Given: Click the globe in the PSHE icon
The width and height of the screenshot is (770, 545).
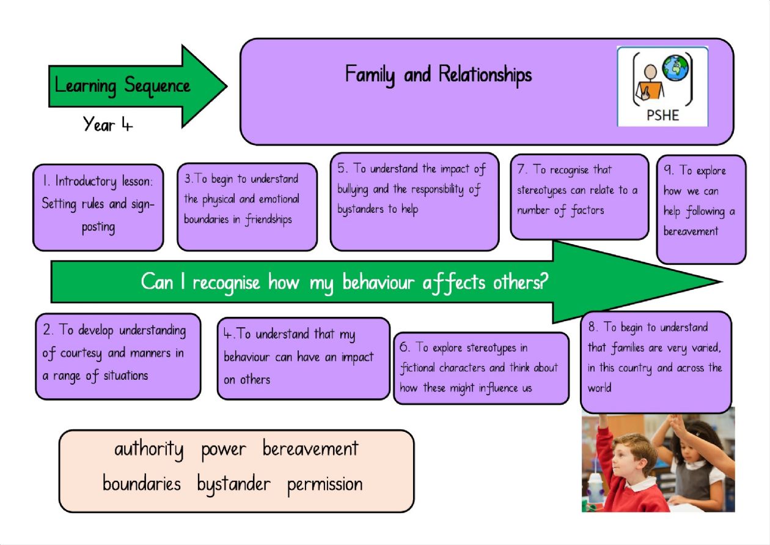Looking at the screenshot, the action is pyautogui.click(x=676, y=68).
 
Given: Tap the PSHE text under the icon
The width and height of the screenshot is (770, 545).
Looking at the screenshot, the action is pyautogui.click(x=662, y=115).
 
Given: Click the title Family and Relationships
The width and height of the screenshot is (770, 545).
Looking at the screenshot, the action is pyautogui.click(x=438, y=75).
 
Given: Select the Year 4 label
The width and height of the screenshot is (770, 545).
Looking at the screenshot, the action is pyautogui.click(x=108, y=124).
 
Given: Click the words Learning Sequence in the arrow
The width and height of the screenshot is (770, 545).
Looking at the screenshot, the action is pyautogui.click(x=122, y=86).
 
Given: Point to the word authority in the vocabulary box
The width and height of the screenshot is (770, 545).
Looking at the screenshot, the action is pyautogui.click(x=149, y=450).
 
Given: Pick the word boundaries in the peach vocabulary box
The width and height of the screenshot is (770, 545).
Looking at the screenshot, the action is pyautogui.click(x=142, y=483).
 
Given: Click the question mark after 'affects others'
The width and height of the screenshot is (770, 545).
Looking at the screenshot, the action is pyautogui.click(x=544, y=282).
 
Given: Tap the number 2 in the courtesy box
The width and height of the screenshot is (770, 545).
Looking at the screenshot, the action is pyautogui.click(x=48, y=330).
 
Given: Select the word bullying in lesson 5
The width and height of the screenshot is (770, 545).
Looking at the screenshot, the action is pyautogui.click(x=353, y=190).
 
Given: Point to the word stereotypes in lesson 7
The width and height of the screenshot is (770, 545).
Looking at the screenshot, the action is pyautogui.click(x=541, y=191).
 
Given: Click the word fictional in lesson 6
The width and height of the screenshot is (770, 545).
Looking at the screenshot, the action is pyautogui.click(x=417, y=368).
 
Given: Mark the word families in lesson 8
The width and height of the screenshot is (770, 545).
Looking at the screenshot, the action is pyautogui.click(x=628, y=348).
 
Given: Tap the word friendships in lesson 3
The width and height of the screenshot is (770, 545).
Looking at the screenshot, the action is pyautogui.click(x=268, y=220).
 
